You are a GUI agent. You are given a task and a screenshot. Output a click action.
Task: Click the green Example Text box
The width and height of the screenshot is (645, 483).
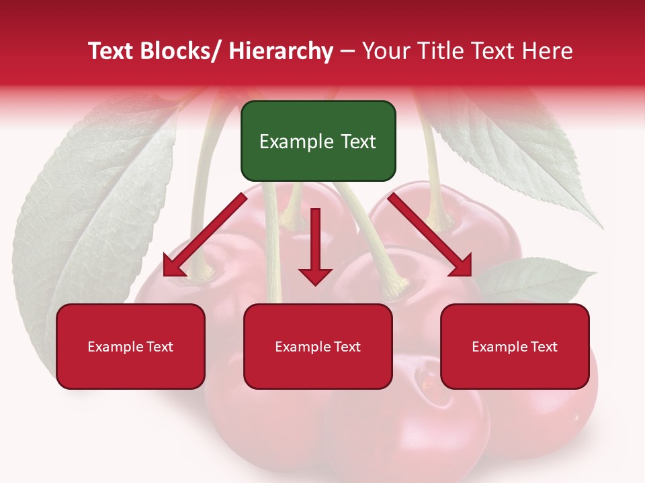pyautogui.click(x=318, y=141)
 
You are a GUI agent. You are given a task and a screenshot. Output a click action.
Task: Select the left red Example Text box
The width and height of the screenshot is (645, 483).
pyautogui.click(x=130, y=346)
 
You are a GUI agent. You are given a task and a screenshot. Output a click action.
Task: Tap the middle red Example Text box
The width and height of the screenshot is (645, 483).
pyautogui.click(x=318, y=346)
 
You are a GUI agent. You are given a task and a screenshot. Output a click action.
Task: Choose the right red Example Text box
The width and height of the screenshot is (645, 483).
pyautogui.click(x=515, y=346)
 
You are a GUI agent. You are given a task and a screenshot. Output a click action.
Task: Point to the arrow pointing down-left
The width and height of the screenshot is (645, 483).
pyautogui.click(x=205, y=235)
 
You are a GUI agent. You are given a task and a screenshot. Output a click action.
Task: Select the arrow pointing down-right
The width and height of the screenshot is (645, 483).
pyautogui.click(x=430, y=235)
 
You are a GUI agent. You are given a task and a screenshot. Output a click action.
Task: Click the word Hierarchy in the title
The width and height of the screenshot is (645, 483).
pyautogui.click(x=281, y=51)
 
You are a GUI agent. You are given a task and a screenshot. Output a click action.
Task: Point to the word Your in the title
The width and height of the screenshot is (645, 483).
pyautogui.click(x=384, y=51)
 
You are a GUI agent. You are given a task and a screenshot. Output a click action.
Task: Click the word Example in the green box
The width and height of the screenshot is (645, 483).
pyautogui.click(x=291, y=142)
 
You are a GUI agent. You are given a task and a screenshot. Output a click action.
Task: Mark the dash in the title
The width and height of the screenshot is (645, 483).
pyautogui.click(x=347, y=52)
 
